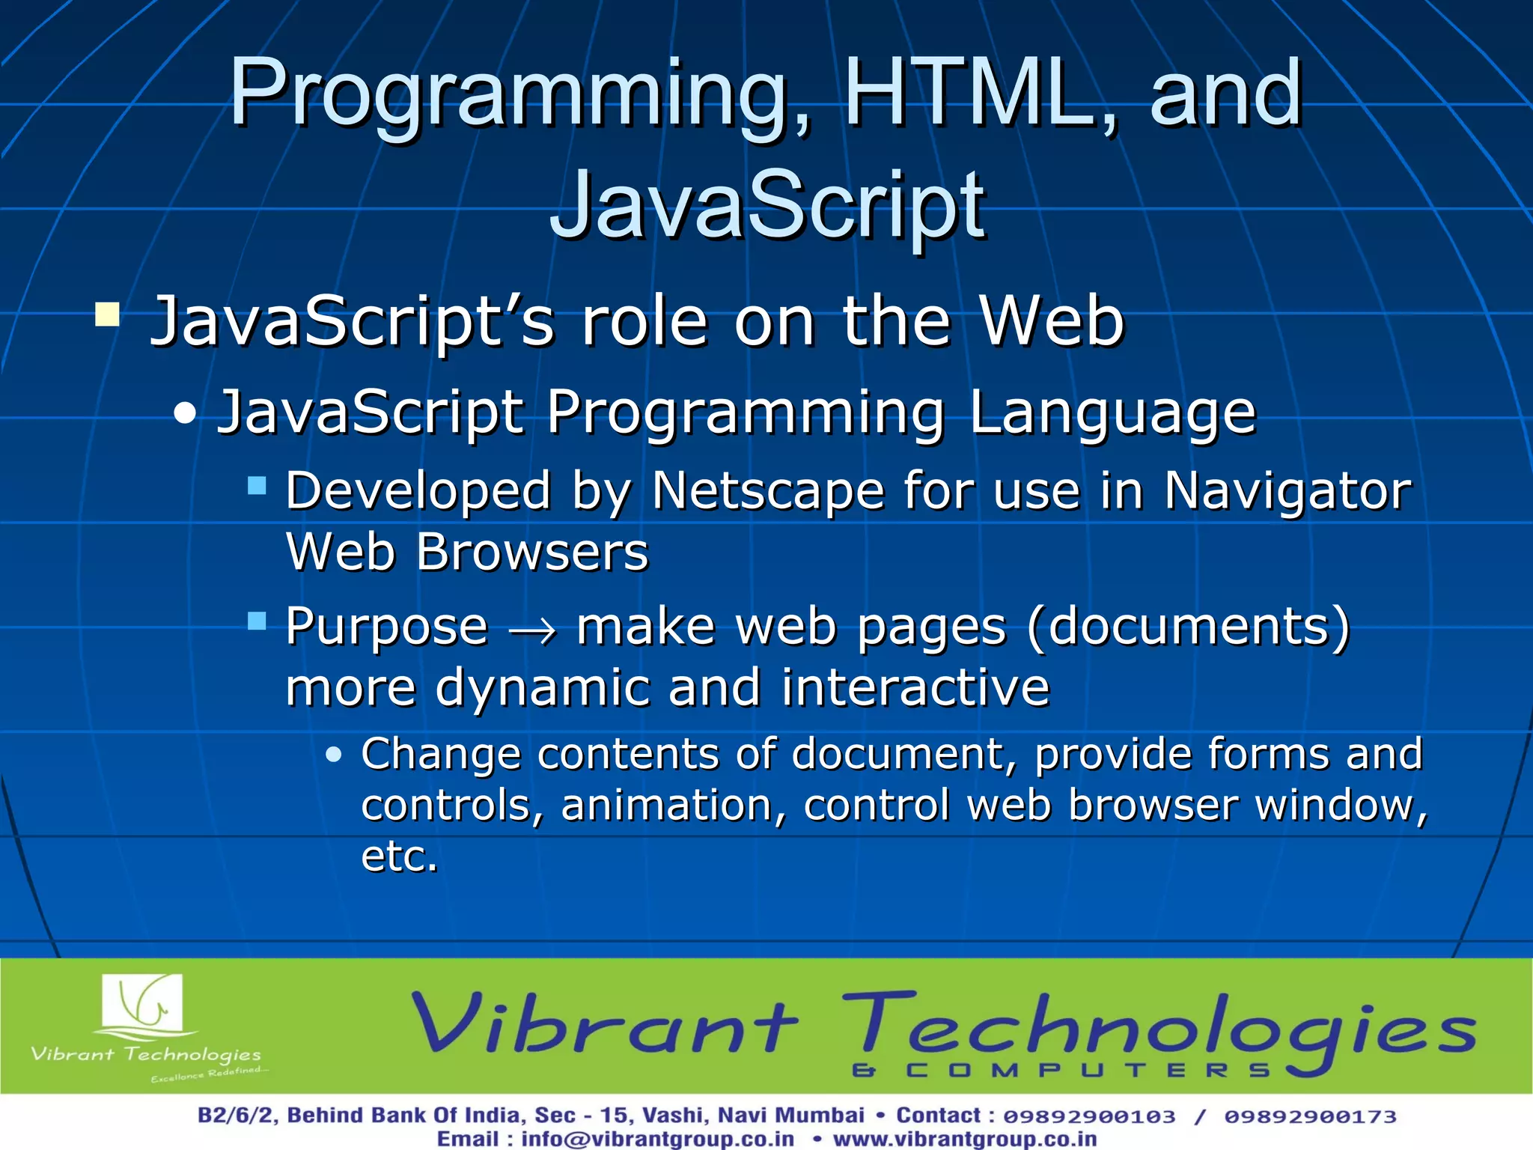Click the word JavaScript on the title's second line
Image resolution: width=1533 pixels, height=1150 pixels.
coord(767,205)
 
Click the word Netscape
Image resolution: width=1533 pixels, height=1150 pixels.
coord(768,491)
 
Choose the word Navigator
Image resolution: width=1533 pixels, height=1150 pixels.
coord(1287,493)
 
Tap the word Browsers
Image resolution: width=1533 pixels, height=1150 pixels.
coord(531,553)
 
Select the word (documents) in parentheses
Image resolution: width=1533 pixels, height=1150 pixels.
coord(1189,627)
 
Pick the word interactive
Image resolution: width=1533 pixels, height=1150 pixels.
coord(915,687)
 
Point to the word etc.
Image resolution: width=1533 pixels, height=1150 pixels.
coord(399,857)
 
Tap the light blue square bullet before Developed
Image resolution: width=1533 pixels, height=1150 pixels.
coord(257,487)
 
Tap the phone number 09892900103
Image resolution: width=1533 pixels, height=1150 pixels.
coord(1089,1116)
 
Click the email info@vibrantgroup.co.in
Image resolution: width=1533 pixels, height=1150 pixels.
coord(657,1140)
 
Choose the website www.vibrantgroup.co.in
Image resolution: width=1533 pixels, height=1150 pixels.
coord(965,1140)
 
